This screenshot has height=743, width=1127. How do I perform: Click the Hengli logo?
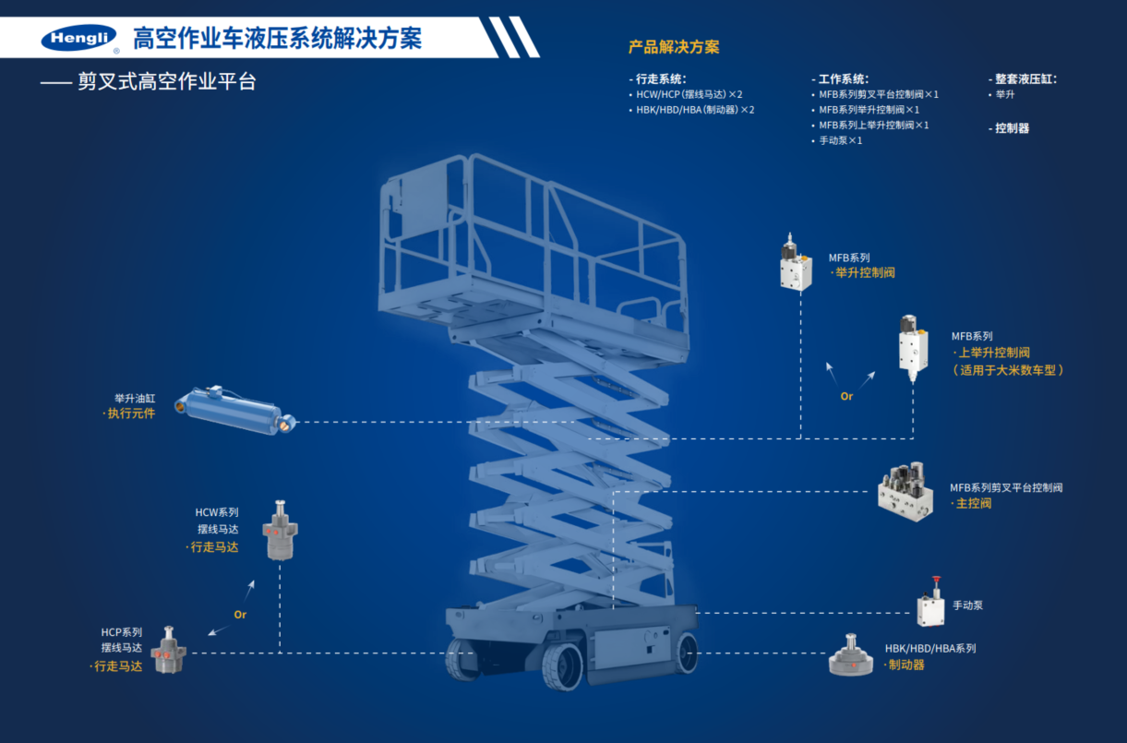(x=79, y=39)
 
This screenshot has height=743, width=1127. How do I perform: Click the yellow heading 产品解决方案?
(x=674, y=46)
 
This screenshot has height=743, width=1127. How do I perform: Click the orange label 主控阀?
(x=973, y=504)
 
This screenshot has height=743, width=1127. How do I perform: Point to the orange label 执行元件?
(x=129, y=413)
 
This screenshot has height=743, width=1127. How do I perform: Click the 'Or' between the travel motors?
(x=240, y=614)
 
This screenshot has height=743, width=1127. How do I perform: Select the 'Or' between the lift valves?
(x=846, y=396)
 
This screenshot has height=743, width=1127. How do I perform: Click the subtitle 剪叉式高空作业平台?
(x=166, y=82)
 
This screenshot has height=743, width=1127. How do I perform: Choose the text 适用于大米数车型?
(x=1009, y=370)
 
